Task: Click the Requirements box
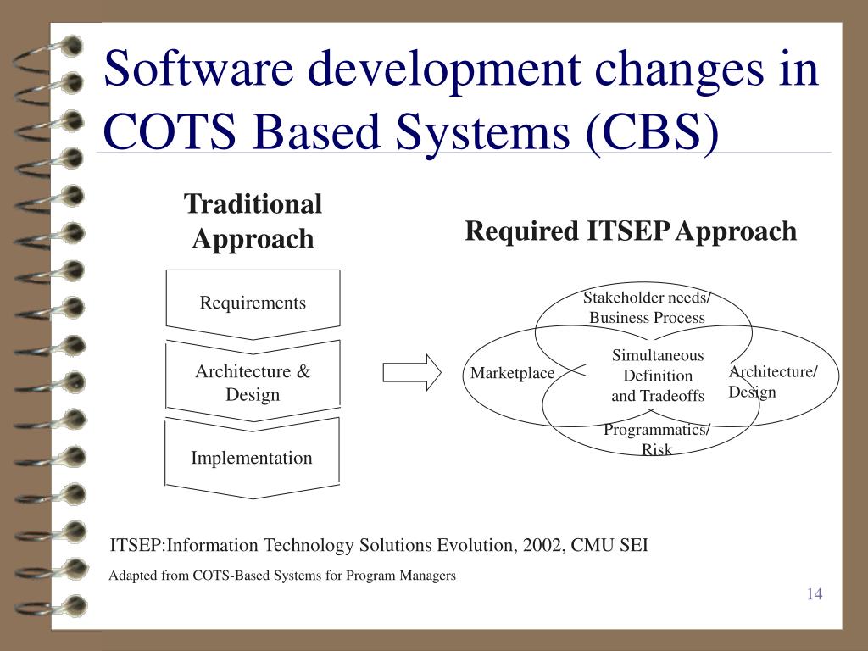coord(253,303)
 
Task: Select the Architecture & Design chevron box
coord(253,382)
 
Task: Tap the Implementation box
coord(252,458)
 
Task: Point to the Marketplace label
coord(512,373)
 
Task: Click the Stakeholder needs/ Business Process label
coord(647,308)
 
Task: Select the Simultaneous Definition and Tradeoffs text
coord(658,376)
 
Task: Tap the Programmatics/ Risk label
coord(657,439)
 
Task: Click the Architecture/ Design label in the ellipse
coord(772,381)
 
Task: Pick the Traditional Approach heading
coord(253,221)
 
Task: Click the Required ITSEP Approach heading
coord(631,231)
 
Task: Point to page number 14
coord(815,593)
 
